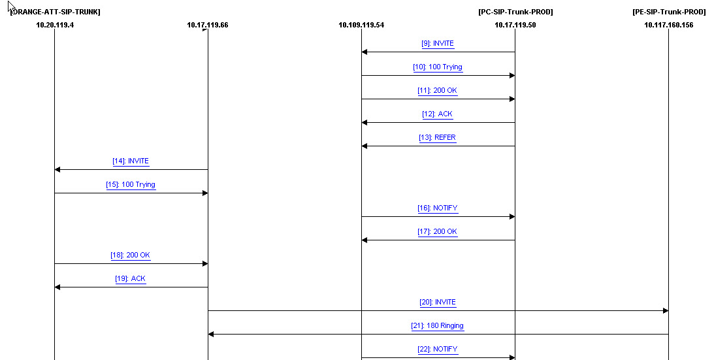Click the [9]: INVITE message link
point(438,44)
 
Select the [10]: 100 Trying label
point(438,67)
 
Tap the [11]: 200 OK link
point(438,91)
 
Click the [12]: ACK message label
point(438,114)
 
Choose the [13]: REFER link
point(438,138)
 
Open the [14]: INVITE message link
point(131,161)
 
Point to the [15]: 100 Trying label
point(131,185)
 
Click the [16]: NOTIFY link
point(438,208)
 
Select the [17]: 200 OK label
point(438,232)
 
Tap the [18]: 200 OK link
point(131,255)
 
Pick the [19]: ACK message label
point(131,279)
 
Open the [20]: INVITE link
point(438,303)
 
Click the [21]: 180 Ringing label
point(438,326)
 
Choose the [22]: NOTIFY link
point(438,350)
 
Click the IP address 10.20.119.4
point(54,25)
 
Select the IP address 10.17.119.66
point(208,25)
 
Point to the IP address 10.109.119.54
point(361,25)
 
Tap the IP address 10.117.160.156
point(668,25)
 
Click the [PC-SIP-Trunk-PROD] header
point(515,12)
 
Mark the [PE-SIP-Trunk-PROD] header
point(669,12)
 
